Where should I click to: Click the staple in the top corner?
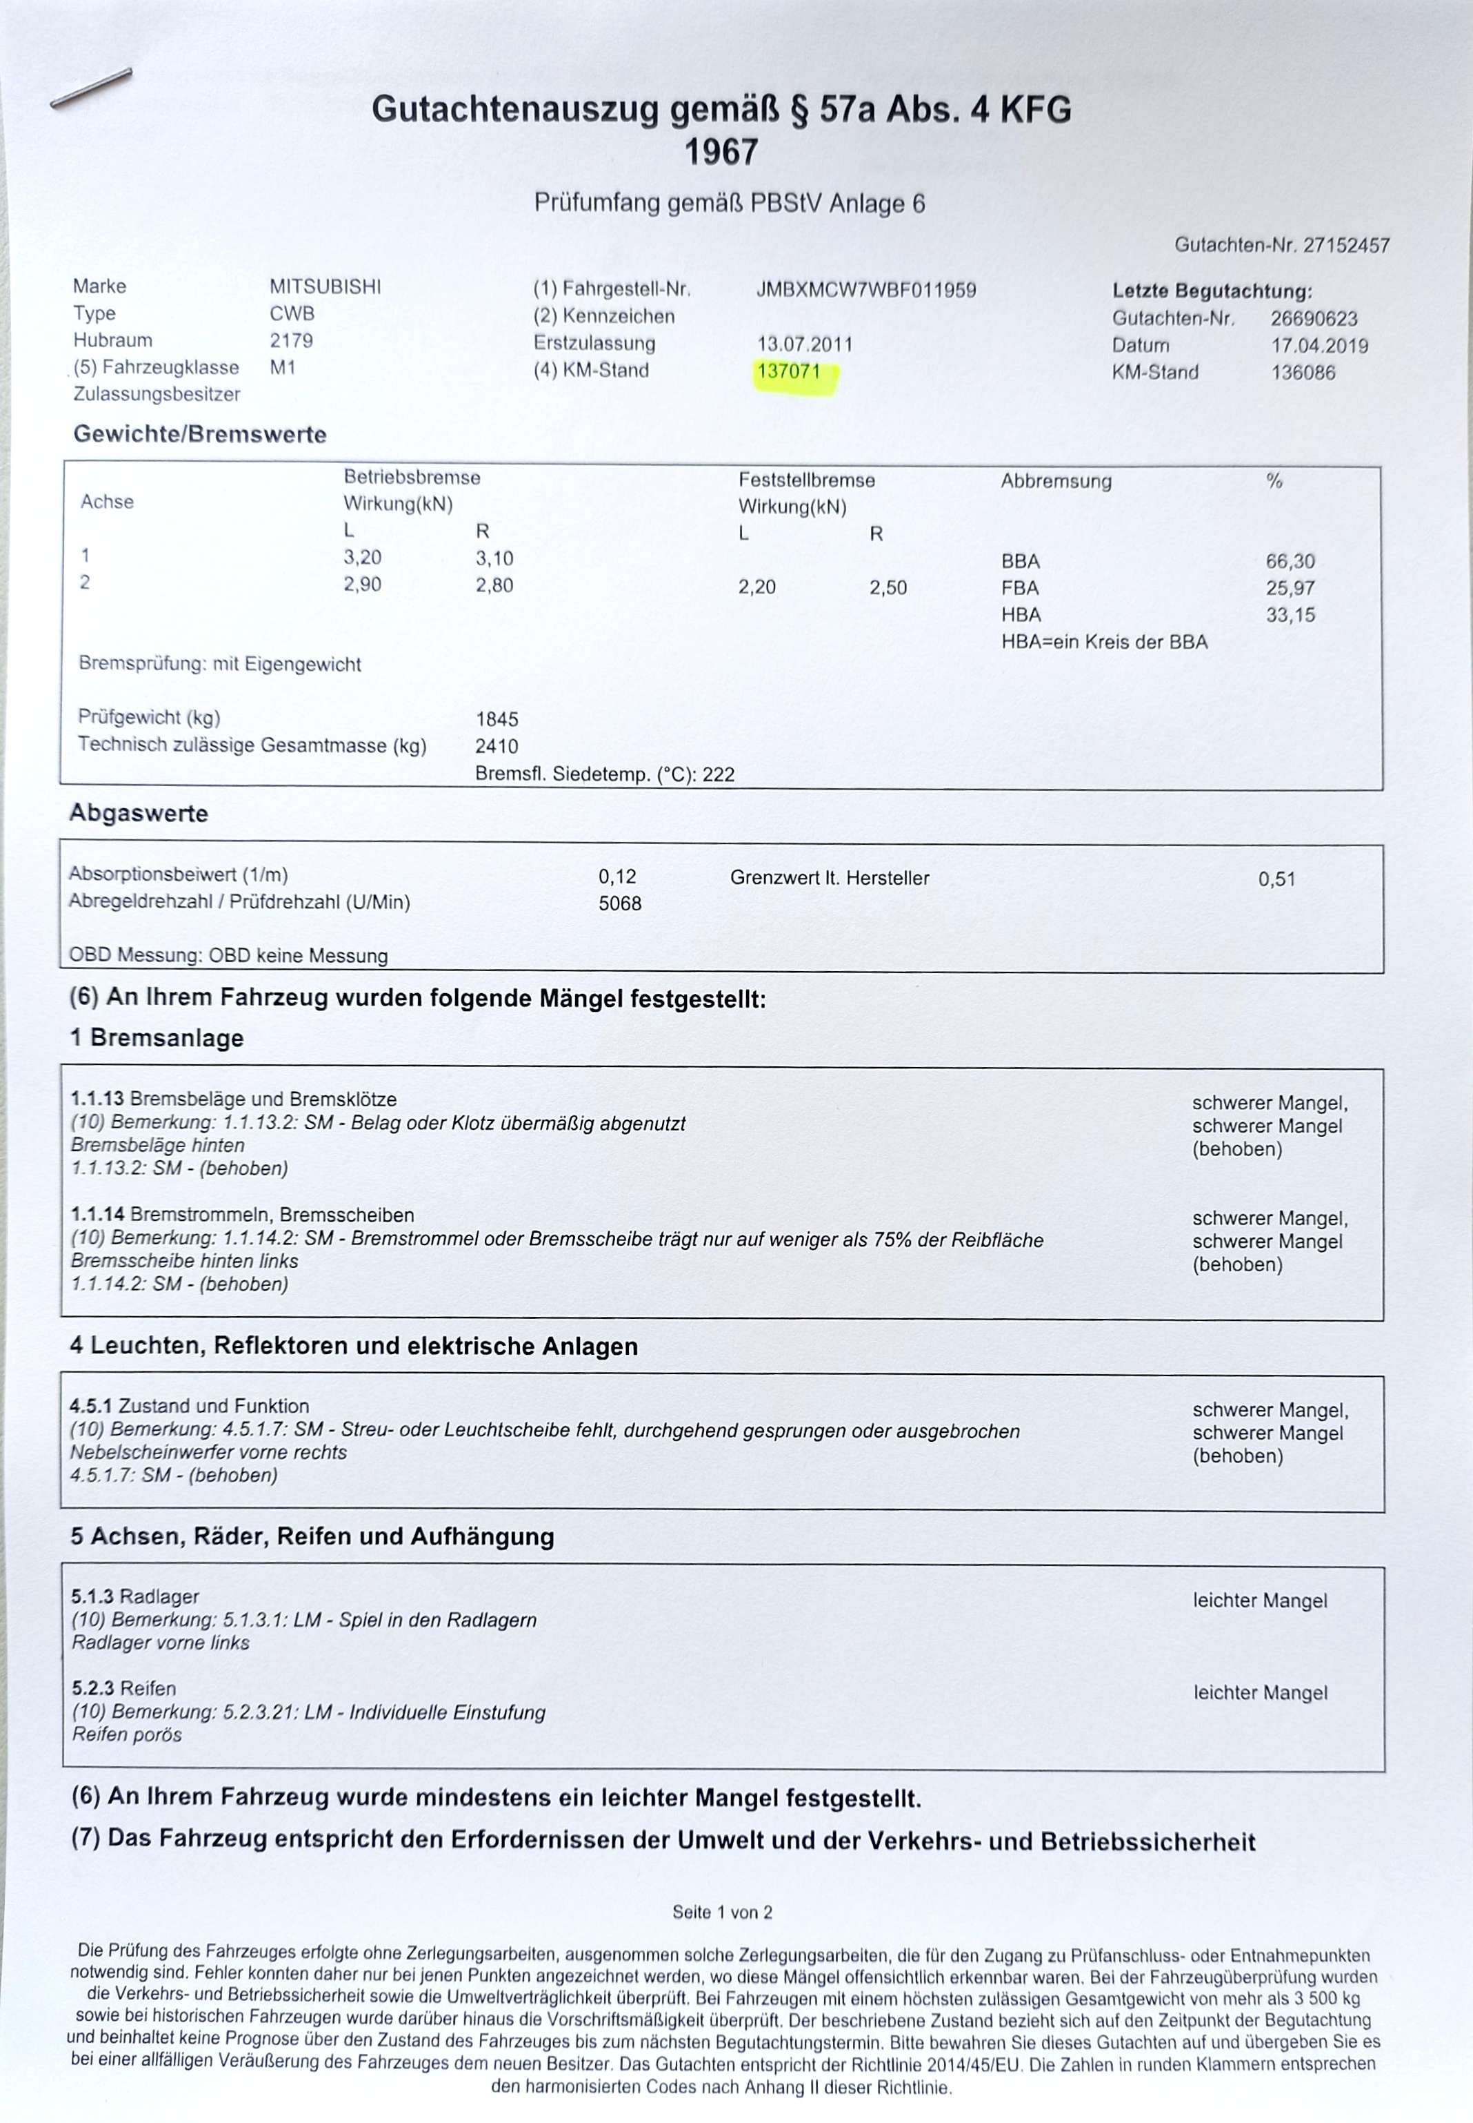tap(90, 88)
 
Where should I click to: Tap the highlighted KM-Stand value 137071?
tap(788, 371)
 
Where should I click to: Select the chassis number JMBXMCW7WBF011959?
tap(865, 290)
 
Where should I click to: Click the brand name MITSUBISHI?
tap(325, 286)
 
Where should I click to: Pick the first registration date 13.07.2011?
tap(804, 344)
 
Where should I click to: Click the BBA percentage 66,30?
tap(1290, 560)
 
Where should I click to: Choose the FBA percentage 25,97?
tap(1290, 587)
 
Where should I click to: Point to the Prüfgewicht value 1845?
tap(497, 718)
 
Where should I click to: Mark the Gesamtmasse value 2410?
tap(497, 745)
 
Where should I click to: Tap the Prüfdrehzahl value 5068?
tap(619, 903)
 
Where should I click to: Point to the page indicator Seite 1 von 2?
tap(722, 1912)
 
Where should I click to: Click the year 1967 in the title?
tap(721, 151)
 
